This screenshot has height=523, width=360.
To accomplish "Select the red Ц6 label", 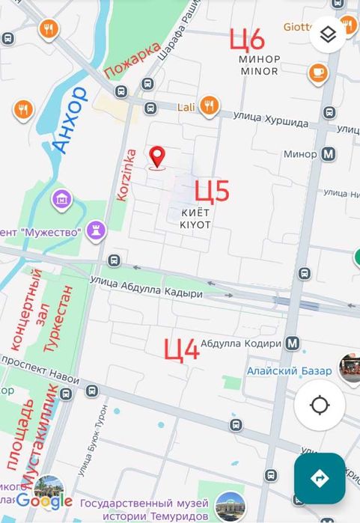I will [x=247, y=38].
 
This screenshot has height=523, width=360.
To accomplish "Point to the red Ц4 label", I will [x=182, y=349].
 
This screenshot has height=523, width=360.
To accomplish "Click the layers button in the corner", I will [x=327, y=34].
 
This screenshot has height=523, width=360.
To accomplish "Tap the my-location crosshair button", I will [x=320, y=406].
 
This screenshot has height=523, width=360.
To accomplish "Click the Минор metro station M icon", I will [x=329, y=154].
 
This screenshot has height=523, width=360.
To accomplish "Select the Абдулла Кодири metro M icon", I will [x=293, y=343].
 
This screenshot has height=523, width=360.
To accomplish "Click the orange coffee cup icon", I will [x=318, y=73].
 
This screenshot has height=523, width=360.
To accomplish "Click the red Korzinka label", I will [x=123, y=173].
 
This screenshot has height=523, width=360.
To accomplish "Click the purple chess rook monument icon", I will [x=95, y=231].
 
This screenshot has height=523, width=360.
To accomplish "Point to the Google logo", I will [x=44, y=501].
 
